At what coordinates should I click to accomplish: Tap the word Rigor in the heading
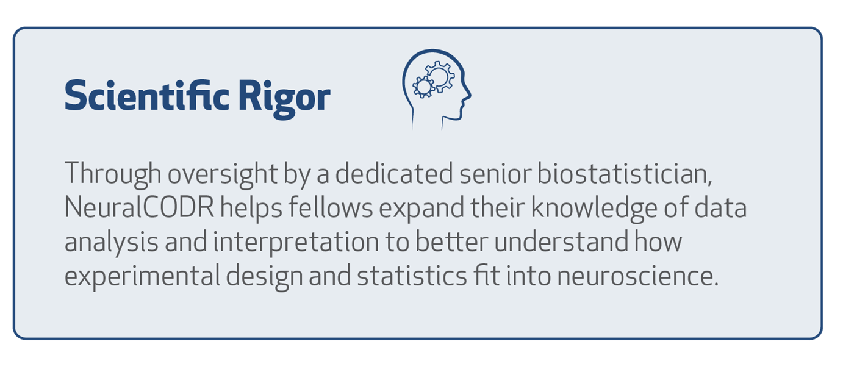coord(284,99)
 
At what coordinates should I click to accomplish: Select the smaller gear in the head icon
coord(424,87)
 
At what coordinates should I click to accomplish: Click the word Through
coord(113,174)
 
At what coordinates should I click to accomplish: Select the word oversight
coord(223,174)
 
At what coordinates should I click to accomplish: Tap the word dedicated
coord(394,173)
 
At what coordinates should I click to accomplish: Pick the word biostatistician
coord(625,173)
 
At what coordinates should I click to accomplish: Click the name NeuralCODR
coord(139,207)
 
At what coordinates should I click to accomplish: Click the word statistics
coord(412,276)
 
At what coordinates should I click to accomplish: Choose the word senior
coord(495,174)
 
